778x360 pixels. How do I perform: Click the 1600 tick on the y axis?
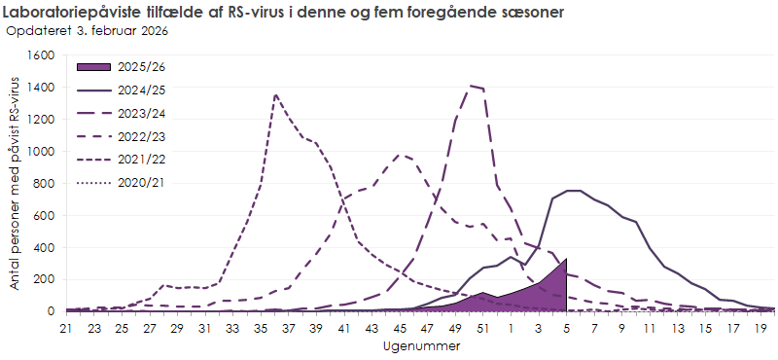click(42, 55)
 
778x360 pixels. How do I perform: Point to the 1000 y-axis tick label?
click(42, 152)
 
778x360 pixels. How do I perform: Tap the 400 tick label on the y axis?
click(46, 247)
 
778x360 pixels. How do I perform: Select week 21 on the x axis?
click(66, 329)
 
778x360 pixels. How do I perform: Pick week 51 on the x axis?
click(483, 329)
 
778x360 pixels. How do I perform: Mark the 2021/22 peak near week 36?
click(276, 94)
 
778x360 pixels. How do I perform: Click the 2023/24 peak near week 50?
click(471, 86)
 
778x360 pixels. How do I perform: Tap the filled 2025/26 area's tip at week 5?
click(566, 259)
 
